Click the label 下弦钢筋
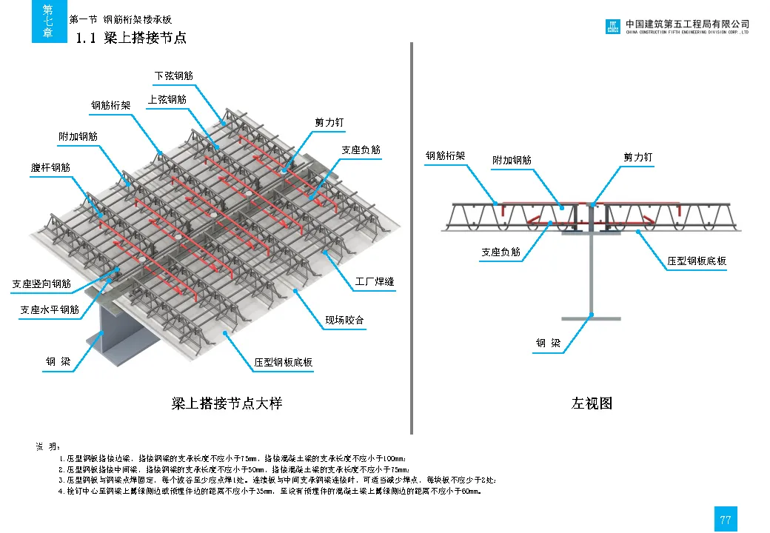[x=174, y=76]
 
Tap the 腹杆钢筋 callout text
[x=50, y=168]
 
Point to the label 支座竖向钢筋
[x=41, y=284]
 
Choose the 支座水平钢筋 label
[x=49, y=310]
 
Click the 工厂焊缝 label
[x=374, y=282]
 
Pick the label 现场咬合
[x=344, y=321]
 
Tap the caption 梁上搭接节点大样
[x=227, y=403]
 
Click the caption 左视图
[x=592, y=403]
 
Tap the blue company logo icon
[x=612, y=27]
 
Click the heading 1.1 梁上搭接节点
[x=131, y=38]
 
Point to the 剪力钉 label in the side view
[x=638, y=158]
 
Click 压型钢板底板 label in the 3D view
[x=283, y=363]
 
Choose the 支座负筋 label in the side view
[x=500, y=252]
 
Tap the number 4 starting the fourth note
[x=60, y=492]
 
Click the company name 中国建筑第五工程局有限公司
[x=687, y=24]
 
